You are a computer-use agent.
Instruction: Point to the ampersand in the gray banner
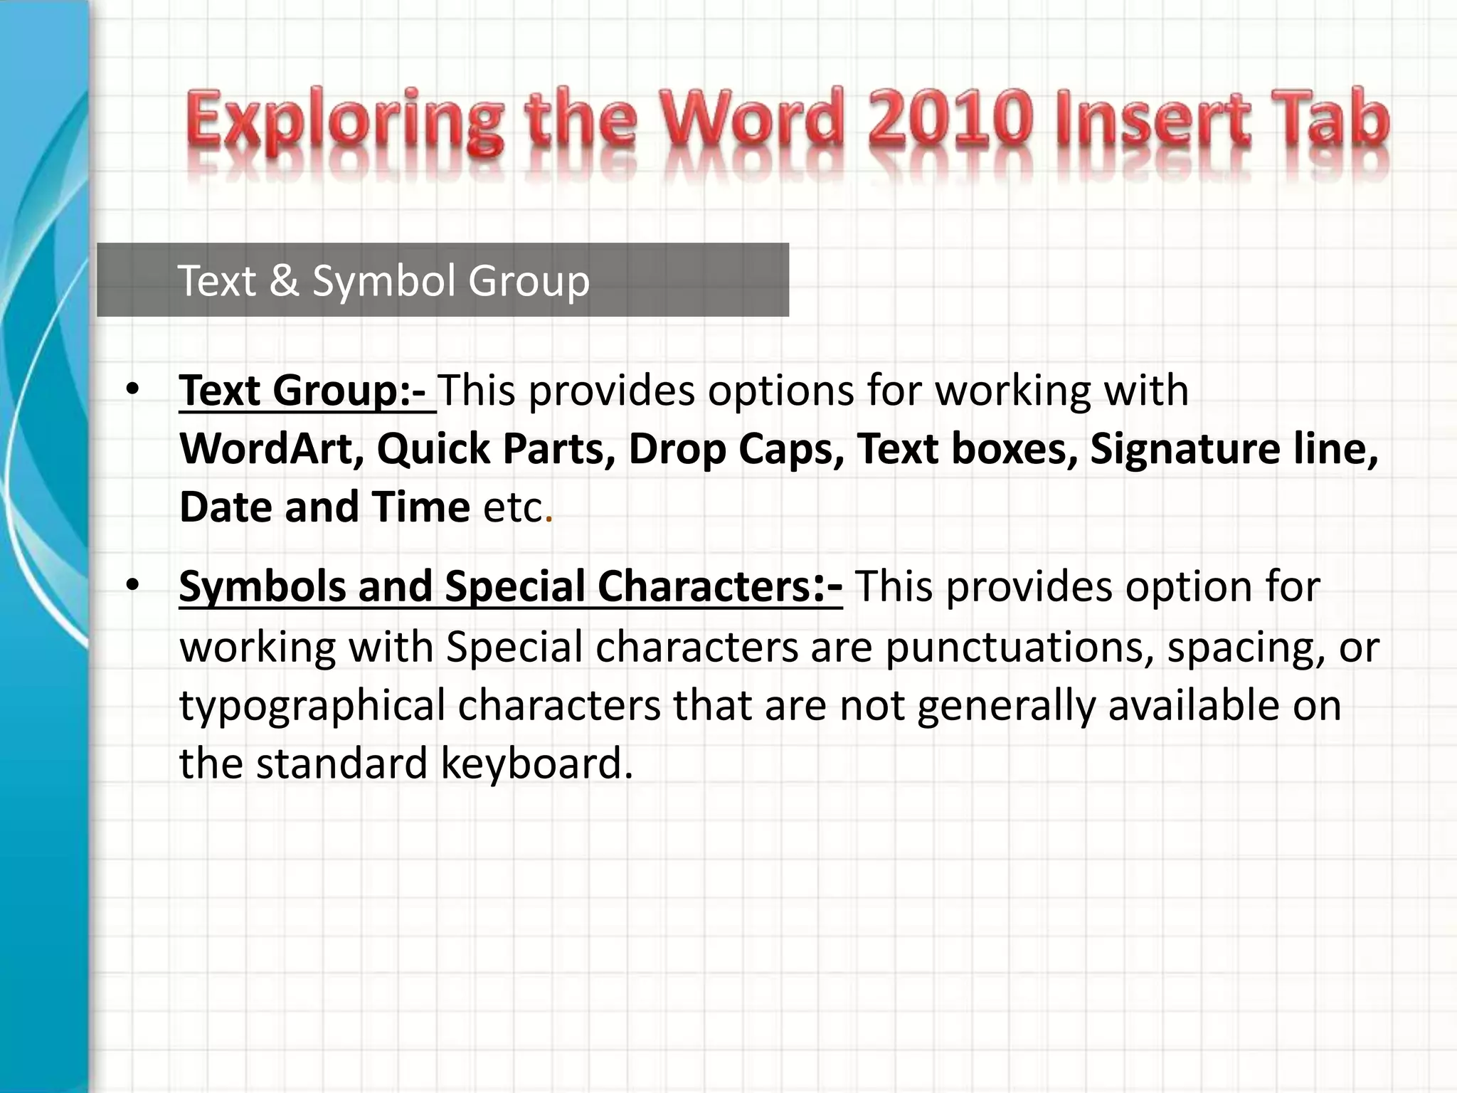(x=284, y=280)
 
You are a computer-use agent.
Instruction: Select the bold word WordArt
(x=272, y=449)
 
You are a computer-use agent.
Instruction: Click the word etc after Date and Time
(x=513, y=507)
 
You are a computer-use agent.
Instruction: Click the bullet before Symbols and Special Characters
(x=132, y=585)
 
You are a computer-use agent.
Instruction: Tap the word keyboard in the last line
(x=536, y=764)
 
